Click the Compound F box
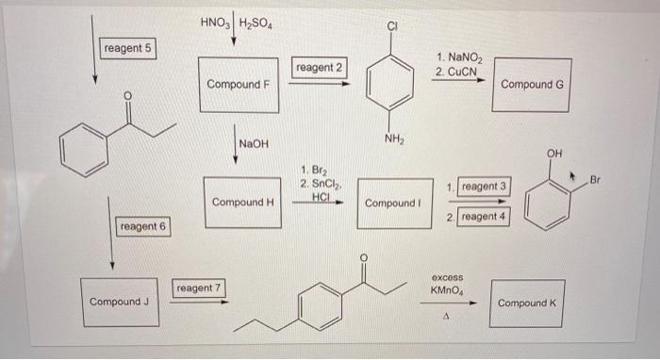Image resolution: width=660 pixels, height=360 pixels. (239, 84)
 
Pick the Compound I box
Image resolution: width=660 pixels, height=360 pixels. (390, 204)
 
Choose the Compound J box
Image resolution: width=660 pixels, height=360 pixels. (118, 302)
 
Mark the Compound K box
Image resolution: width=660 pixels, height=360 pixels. (527, 303)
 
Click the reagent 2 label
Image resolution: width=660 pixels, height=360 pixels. (320, 68)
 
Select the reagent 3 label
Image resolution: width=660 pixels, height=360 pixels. (484, 187)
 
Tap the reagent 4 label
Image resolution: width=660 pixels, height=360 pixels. (484, 217)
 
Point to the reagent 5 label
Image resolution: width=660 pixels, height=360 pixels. (128, 49)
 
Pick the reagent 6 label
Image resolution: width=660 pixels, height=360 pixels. (141, 226)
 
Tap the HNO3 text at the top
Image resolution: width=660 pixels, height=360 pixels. (213, 20)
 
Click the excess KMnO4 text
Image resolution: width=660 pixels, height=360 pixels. (448, 285)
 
